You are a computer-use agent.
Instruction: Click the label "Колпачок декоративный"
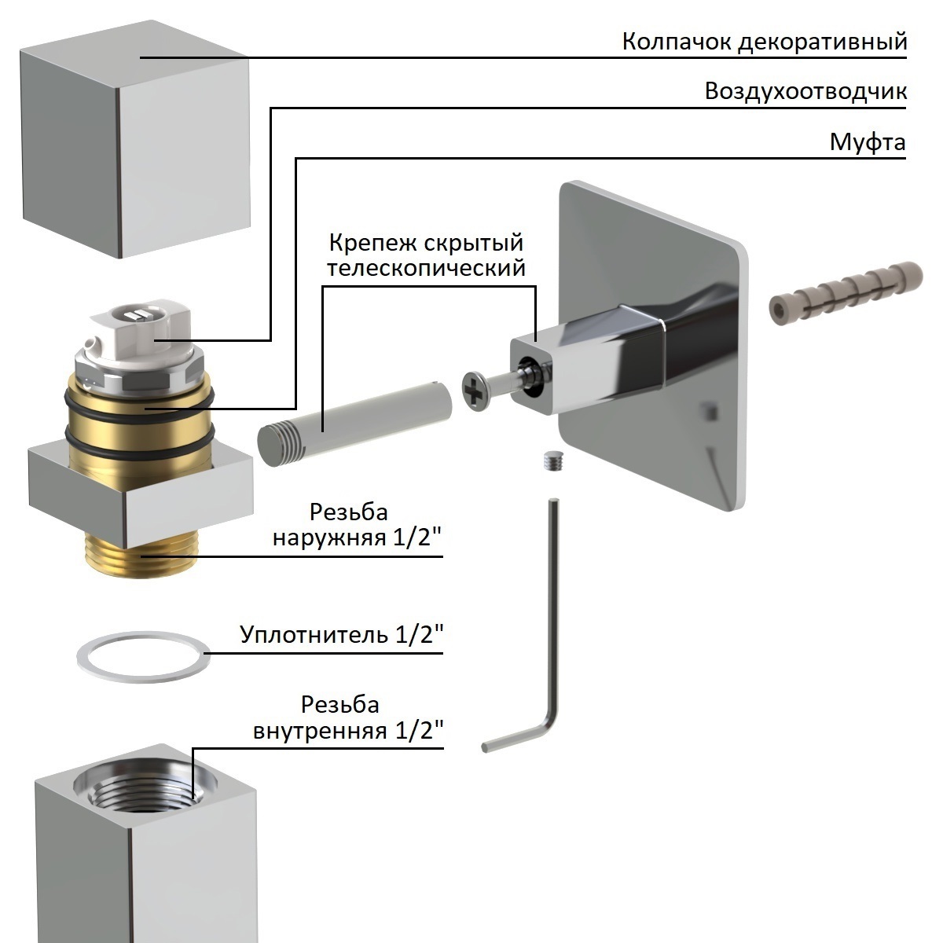tap(764, 41)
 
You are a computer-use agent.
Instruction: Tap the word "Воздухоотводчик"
tap(805, 91)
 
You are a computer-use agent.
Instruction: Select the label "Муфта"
tap(868, 143)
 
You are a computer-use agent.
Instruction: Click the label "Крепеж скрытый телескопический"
tap(426, 255)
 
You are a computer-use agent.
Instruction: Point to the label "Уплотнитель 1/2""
tap(342, 634)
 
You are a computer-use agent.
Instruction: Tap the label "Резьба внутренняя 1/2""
tap(349, 717)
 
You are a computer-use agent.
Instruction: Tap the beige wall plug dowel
tap(845, 291)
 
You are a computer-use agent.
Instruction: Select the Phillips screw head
tap(476, 389)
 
